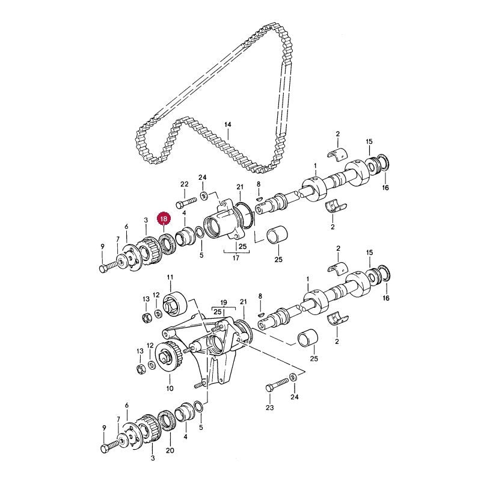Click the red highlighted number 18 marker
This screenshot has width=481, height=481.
164,219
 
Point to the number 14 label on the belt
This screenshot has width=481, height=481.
227,124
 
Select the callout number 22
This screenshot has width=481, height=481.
185,184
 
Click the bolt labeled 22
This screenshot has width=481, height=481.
186,203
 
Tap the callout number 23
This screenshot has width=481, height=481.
270,408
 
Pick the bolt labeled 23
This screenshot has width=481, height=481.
278,385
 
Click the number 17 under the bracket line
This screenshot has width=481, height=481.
236,258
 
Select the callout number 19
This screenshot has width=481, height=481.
224,303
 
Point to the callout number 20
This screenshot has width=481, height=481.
170,450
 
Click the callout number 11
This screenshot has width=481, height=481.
170,277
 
